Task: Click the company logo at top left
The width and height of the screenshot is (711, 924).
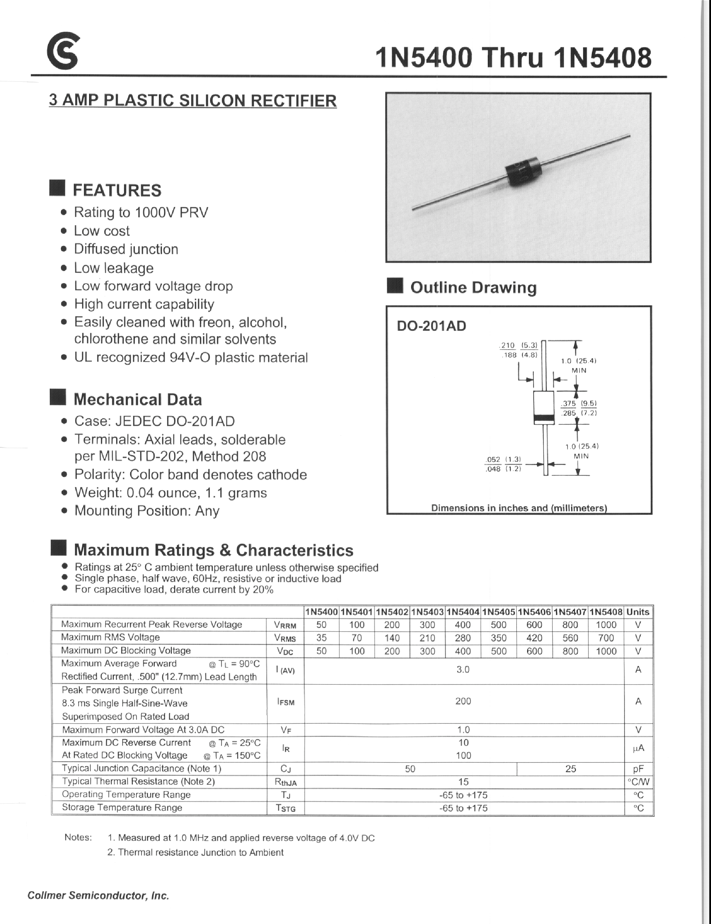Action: click(x=63, y=52)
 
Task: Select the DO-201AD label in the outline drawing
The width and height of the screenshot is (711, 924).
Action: click(x=431, y=326)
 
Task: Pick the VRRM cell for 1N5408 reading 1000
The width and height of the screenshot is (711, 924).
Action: click(x=606, y=625)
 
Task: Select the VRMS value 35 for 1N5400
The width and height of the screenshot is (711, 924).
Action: click(x=321, y=638)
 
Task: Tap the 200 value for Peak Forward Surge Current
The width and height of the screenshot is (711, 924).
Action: click(x=463, y=701)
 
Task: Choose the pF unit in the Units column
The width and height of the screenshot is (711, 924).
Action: click(x=638, y=769)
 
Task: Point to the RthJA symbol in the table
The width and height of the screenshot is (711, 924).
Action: click(x=286, y=782)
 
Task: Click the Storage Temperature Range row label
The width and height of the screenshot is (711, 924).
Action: click(x=122, y=807)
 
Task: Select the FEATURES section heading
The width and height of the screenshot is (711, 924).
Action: click(x=117, y=190)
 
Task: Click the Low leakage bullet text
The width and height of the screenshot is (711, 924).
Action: click(x=114, y=268)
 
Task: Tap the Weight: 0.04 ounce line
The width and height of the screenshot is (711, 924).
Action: click(x=170, y=493)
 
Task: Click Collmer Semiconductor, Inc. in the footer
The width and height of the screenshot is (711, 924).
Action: click(x=98, y=896)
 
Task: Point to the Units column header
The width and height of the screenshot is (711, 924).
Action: click(x=637, y=612)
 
